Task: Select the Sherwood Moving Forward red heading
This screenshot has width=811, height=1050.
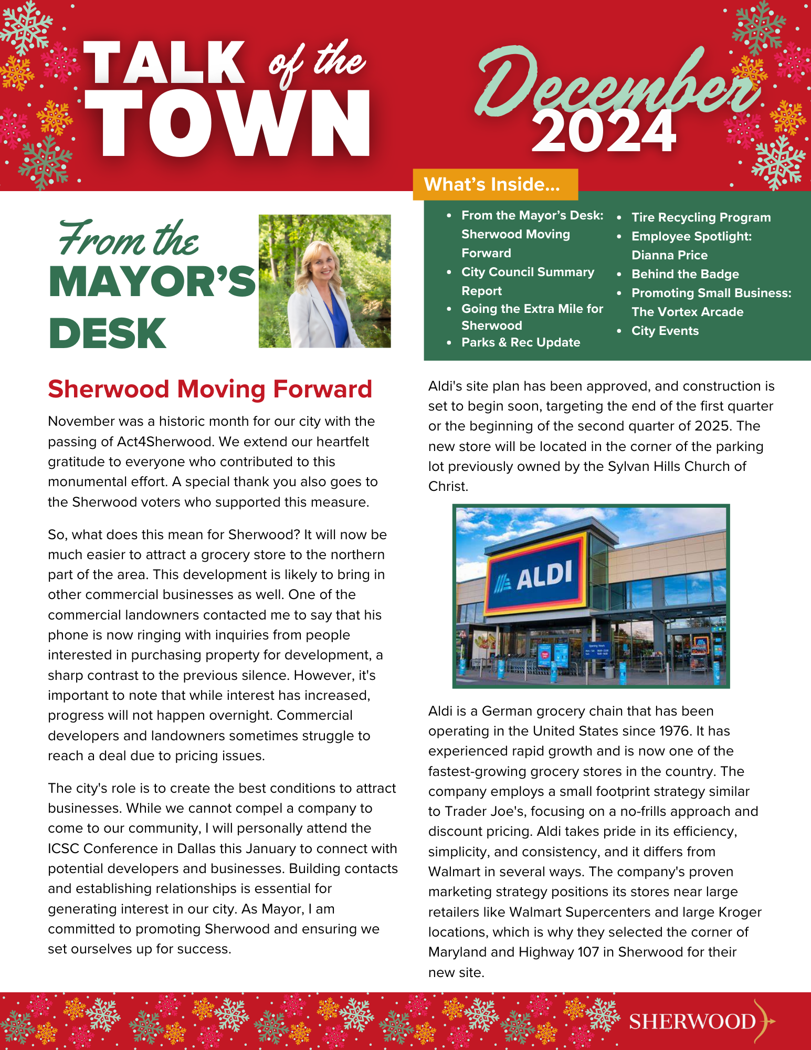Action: pyautogui.click(x=210, y=390)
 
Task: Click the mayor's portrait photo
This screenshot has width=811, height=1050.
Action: pyautogui.click(x=324, y=281)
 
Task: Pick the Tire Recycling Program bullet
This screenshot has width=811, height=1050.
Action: pyautogui.click(x=701, y=217)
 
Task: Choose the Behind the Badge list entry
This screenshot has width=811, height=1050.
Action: pyautogui.click(x=685, y=274)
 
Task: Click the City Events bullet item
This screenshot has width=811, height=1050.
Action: pyautogui.click(x=665, y=331)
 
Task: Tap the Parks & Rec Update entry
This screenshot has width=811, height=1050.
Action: pyautogui.click(x=521, y=342)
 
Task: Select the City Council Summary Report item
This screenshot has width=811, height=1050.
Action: pyautogui.click(x=528, y=281)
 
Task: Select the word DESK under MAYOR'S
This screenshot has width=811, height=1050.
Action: pyautogui.click(x=108, y=333)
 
